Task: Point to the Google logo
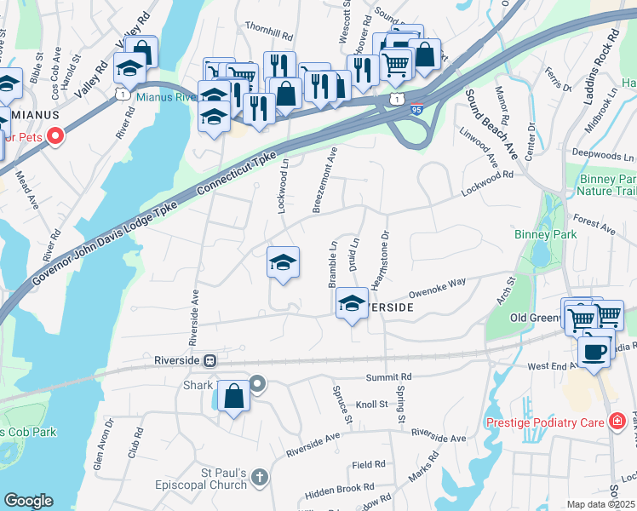[x=28, y=501]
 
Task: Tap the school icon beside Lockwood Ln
[x=284, y=261]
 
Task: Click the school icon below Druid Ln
[x=351, y=304]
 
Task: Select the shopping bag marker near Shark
[x=233, y=396]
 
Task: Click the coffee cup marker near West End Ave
[x=594, y=351]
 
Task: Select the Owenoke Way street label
[x=437, y=286]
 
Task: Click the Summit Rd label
[x=388, y=376]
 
